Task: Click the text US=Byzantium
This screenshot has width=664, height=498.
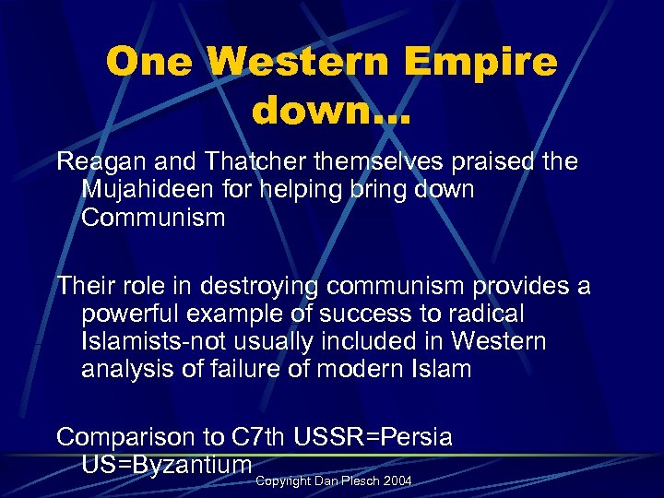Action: (167, 464)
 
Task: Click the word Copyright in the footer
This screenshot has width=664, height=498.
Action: (283, 482)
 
